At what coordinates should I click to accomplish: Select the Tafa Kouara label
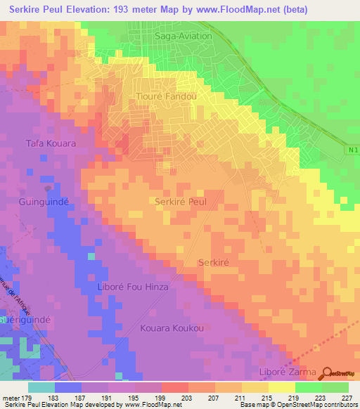coord(51,143)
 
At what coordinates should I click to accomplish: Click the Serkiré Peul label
coord(180,201)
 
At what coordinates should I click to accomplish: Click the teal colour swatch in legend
coord(41,387)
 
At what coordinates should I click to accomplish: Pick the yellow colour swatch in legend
coord(281,387)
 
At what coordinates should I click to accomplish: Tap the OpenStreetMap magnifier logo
coord(328,372)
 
